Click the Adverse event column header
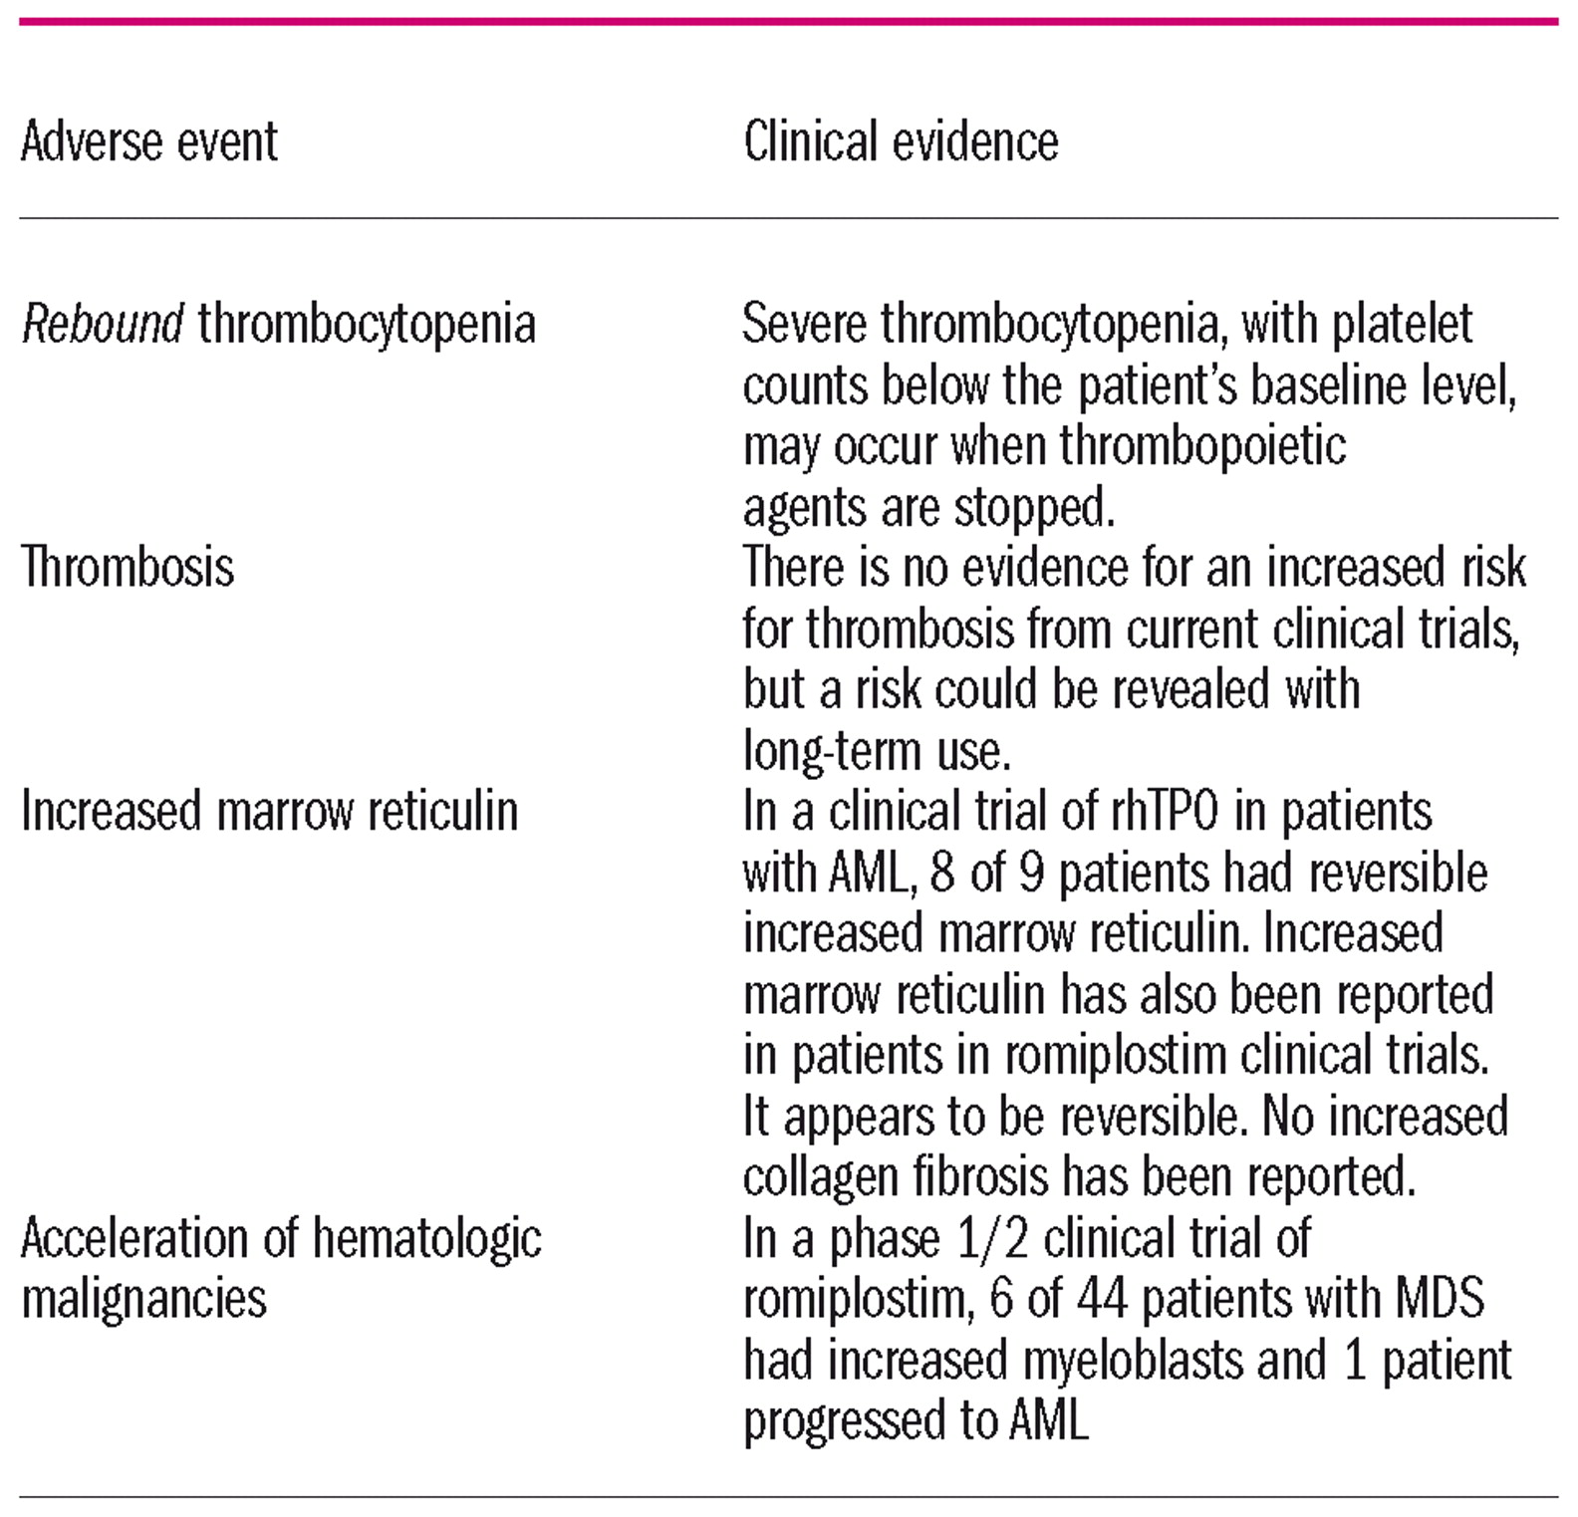[x=149, y=141]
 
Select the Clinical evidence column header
[x=901, y=141]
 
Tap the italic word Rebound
[x=103, y=324]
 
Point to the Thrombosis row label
[x=128, y=568]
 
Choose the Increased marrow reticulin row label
[x=269, y=811]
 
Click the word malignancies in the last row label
[x=144, y=1299]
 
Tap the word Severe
[x=804, y=324]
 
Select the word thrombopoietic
[x=1202, y=446]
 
